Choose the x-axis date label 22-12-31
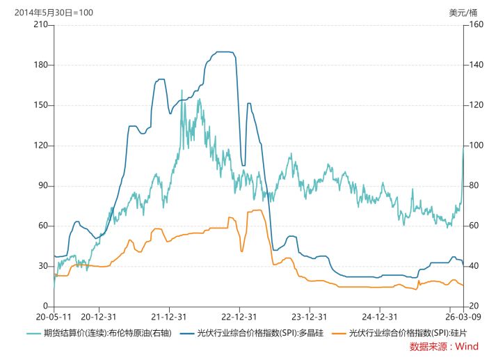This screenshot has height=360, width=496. (239, 315)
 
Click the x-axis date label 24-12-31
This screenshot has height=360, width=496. (379, 315)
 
